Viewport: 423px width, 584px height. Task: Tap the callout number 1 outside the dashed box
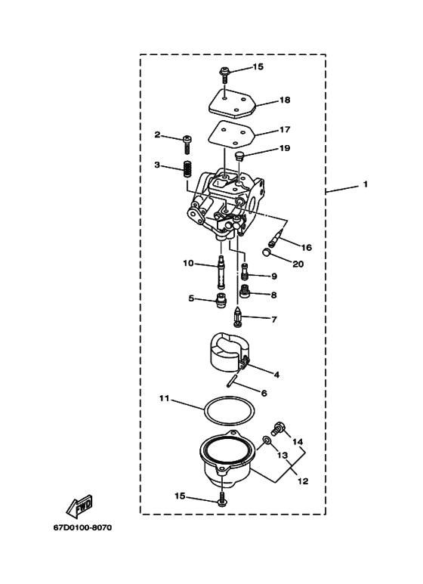(365, 184)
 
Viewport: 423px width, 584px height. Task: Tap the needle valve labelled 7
(239, 316)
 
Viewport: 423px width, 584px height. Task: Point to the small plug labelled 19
(239, 156)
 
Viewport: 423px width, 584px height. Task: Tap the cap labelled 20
(267, 252)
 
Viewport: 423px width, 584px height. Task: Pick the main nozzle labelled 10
(221, 272)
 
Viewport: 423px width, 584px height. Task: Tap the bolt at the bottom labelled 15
(221, 499)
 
